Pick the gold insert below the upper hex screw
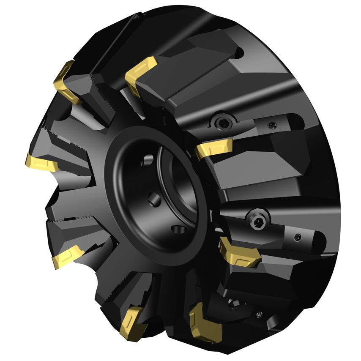point(213,148)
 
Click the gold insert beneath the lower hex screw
point(238,252)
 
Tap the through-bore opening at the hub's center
point(178,186)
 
